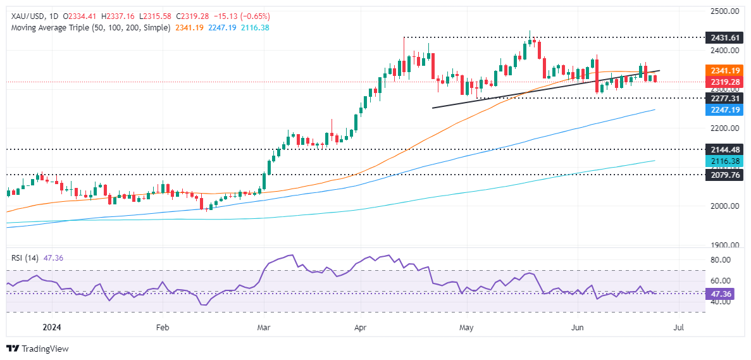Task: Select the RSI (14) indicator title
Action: (x=24, y=258)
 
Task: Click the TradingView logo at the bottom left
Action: (x=37, y=349)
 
